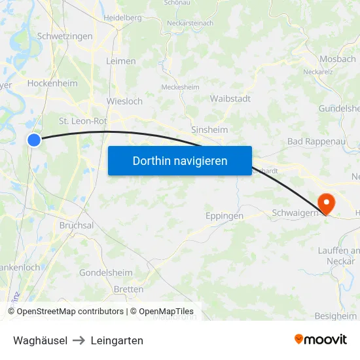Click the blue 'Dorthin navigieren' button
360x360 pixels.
(180, 160)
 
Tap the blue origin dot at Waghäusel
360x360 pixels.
(34, 139)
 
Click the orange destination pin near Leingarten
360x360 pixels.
(325, 204)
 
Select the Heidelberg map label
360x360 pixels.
(122, 17)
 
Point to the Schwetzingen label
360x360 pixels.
(65, 37)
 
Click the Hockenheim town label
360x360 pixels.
(52, 84)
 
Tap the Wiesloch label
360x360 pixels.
(124, 102)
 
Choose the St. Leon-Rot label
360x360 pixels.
(82, 121)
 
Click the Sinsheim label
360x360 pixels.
(209, 130)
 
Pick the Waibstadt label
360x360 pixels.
(230, 98)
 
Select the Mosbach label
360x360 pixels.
(337, 58)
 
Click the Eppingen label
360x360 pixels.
(225, 215)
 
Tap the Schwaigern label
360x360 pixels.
(295, 213)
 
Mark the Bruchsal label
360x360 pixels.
(77, 225)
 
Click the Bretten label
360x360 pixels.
(128, 289)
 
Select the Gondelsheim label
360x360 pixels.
(105, 272)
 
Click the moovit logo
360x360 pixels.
(320, 339)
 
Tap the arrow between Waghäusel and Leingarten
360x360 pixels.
(79, 340)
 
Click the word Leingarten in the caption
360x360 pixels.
(117, 340)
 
